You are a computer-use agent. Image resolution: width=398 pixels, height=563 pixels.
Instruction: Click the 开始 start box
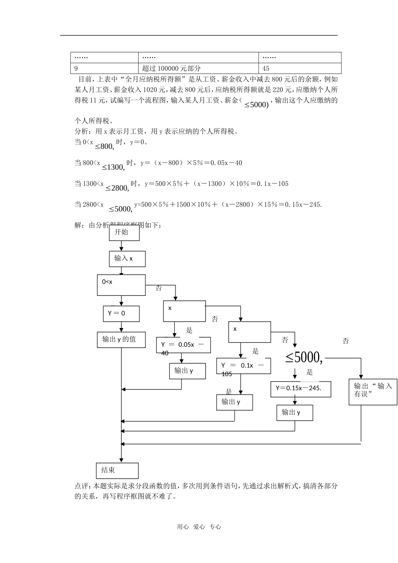[x=124, y=232]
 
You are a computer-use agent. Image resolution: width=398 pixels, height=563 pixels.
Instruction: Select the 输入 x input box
[x=127, y=258]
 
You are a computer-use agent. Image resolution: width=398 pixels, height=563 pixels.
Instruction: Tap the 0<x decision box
[x=121, y=285]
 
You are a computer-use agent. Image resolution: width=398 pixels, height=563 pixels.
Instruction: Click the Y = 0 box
[x=121, y=313]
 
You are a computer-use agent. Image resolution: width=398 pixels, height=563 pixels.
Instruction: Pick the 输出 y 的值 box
[x=121, y=339]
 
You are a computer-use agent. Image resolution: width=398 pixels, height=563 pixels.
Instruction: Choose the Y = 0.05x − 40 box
[x=183, y=345]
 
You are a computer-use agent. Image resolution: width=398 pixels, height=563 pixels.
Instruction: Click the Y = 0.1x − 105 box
[x=243, y=366]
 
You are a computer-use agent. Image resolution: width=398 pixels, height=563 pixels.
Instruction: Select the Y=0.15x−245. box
[x=301, y=388]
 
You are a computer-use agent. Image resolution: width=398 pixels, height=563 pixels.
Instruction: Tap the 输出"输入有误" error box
[x=373, y=392]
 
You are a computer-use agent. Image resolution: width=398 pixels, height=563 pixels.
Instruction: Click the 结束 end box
[x=117, y=470]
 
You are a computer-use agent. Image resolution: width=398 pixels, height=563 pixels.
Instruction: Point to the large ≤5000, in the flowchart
[x=304, y=357]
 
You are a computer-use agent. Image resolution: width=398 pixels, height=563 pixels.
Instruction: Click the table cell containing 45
[x=300, y=68]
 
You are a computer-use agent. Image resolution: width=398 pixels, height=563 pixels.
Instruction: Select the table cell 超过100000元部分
[x=198, y=68]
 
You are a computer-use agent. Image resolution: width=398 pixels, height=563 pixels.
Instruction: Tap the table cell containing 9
[x=104, y=68]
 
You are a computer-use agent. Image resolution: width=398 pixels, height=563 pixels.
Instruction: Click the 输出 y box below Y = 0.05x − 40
[x=187, y=371]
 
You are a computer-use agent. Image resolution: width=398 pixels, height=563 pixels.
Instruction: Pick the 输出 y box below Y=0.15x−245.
[x=295, y=413]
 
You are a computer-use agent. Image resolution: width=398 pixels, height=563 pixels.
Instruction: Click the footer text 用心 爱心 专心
[x=199, y=527]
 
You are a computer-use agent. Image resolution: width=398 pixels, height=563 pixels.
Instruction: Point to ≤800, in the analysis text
[x=104, y=146]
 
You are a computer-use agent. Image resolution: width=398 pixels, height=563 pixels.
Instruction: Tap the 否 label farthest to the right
[x=346, y=341]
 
